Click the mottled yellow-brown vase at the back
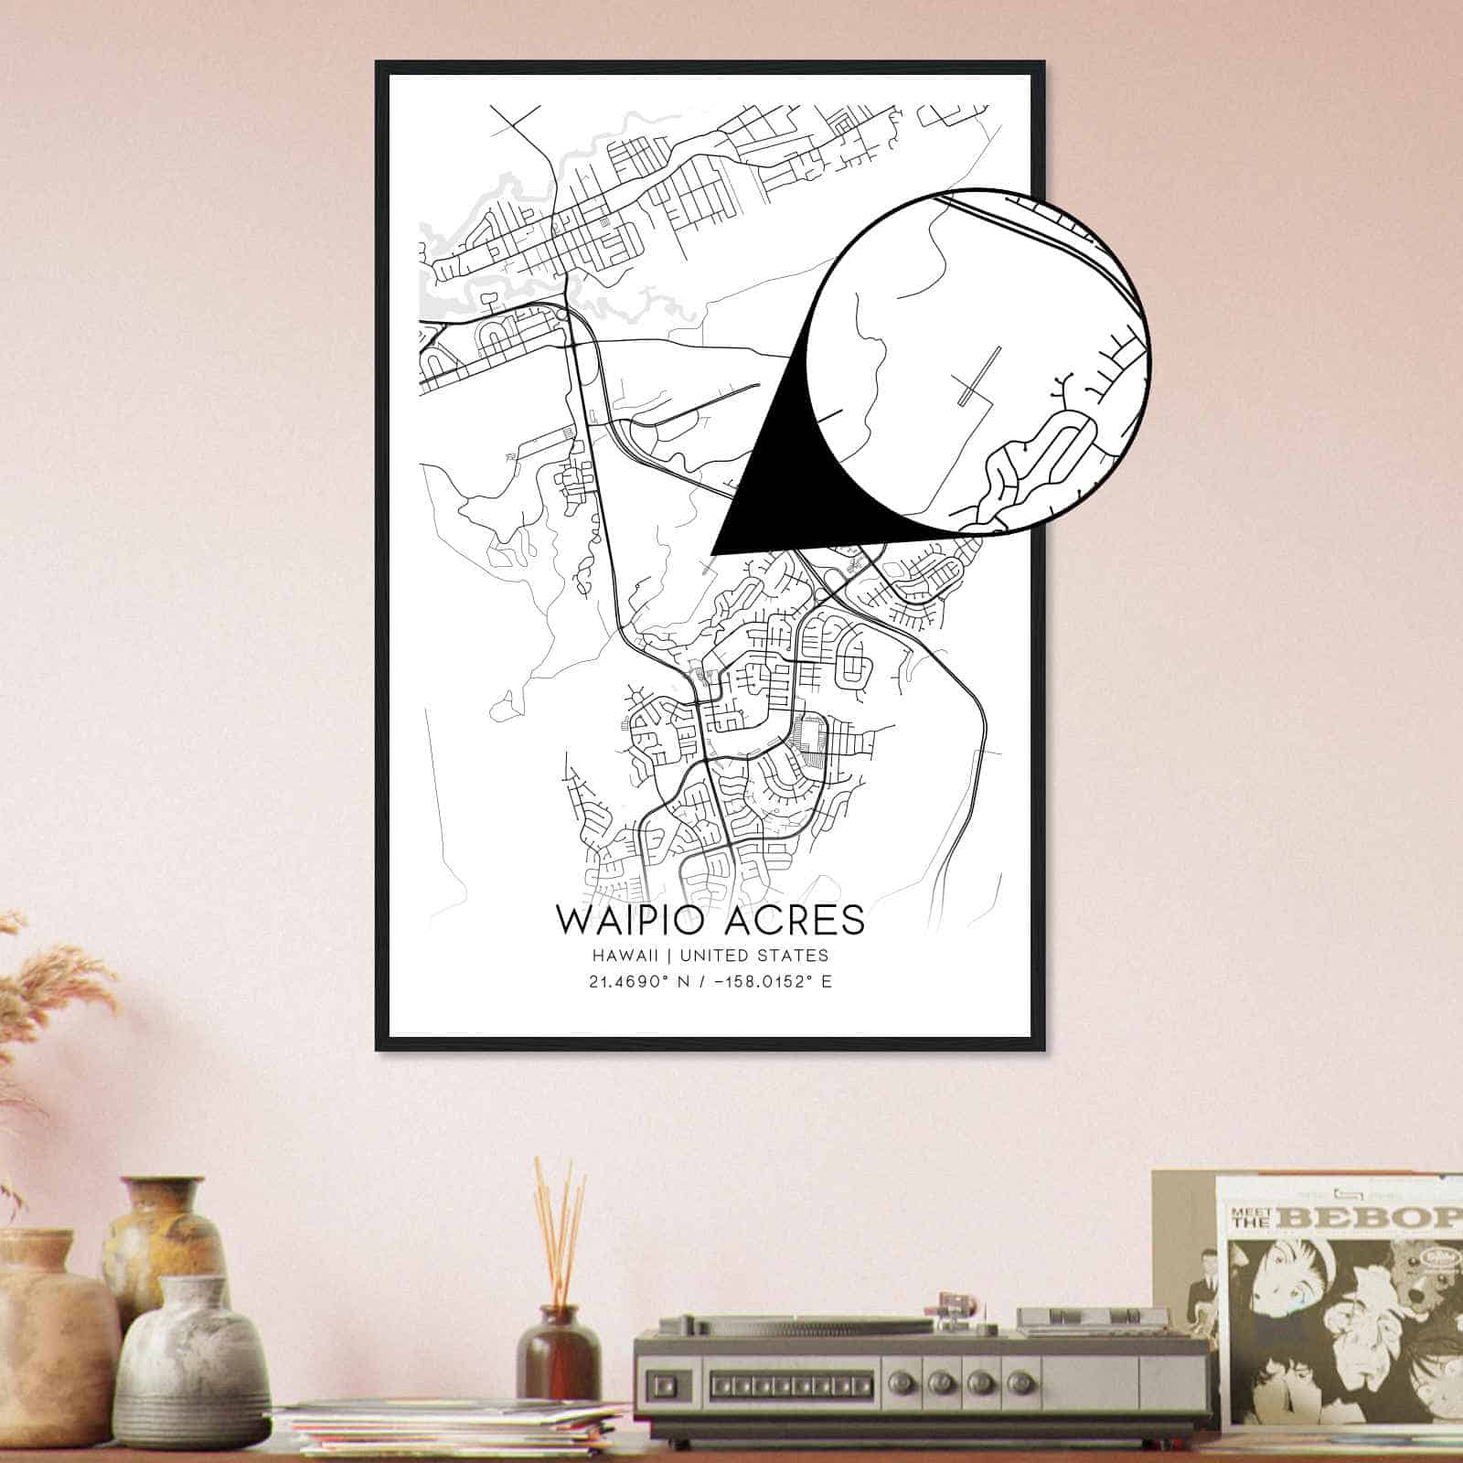[165, 1234]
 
